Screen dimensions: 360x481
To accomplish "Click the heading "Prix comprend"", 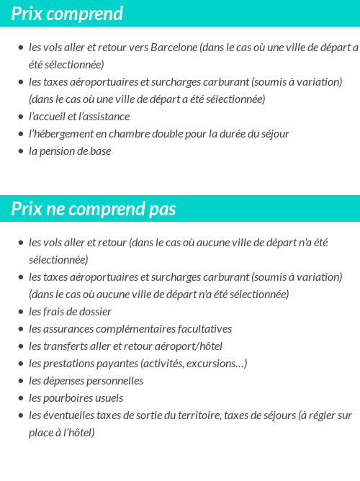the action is [x=67, y=14].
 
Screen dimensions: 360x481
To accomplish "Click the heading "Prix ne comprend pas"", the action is [x=94, y=209].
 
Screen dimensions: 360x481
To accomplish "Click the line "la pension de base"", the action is [x=70, y=151].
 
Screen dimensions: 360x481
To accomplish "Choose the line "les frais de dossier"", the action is [x=70, y=312].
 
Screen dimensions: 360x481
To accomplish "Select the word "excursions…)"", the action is [x=217, y=364].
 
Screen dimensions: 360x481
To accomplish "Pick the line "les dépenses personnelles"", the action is [x=86, y=381].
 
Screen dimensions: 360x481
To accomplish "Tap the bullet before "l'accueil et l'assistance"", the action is [x=20, y=117].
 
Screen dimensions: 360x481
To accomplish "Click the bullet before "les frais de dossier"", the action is [x=20, y=312].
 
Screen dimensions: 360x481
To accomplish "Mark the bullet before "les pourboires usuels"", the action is [x=20, y=398].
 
